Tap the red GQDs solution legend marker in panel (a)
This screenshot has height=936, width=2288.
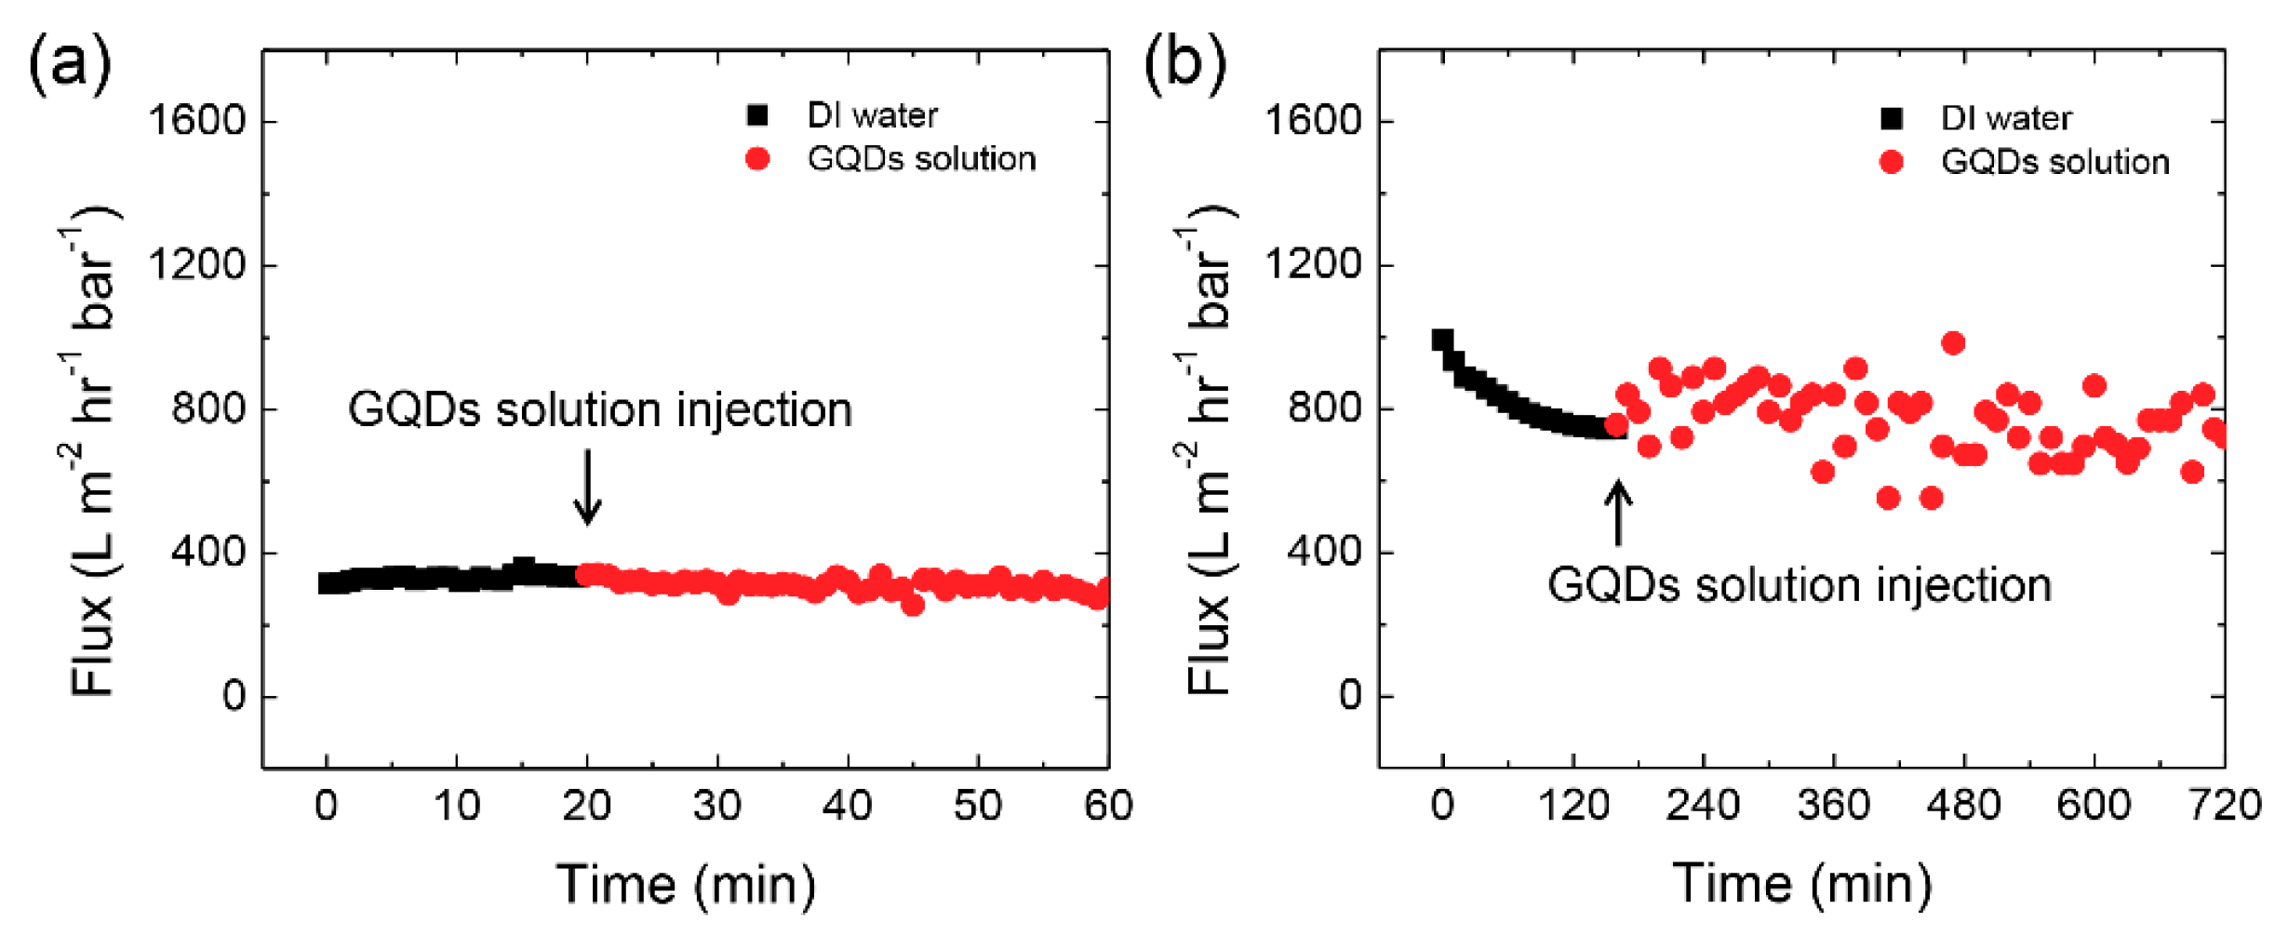click(x=757, y=159)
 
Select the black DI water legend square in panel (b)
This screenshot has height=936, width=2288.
click(x=1891, y=118)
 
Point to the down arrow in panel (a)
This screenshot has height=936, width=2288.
click(x=587, y=487)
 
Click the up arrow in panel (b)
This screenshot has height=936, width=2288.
click(x=1618, y=512)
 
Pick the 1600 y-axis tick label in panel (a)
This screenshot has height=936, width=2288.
click(x=196, y=121)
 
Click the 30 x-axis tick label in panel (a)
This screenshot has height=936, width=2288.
click(x=716, y=806)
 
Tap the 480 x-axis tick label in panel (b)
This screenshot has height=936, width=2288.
click(x=1963, y=806)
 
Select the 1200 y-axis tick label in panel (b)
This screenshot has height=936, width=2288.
click(x=1312, y=265)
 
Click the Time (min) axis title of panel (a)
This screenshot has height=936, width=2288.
click(x=686, y=884)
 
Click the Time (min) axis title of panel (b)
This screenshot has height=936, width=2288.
click(x=1801, y=884)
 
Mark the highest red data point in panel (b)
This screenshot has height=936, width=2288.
click(x=1953, y=343)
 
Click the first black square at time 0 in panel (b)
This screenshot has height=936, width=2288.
click(x=1442, y=340)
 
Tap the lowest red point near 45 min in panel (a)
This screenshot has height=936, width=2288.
click(x=913, y=606)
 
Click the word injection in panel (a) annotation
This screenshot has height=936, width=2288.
click(x=763, y=409)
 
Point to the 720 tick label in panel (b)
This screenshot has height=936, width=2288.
click(x=2225, y=806)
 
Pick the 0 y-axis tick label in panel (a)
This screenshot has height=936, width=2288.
click(x=234, y=696)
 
